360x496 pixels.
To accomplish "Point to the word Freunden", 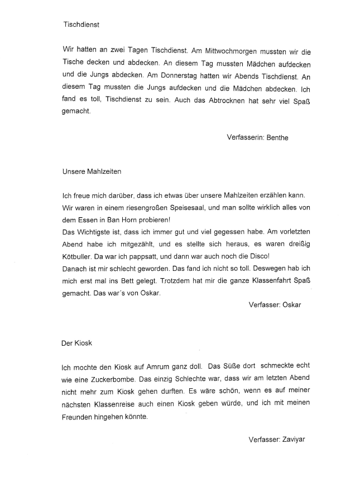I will pyautogui.click(x=79, y=415).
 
